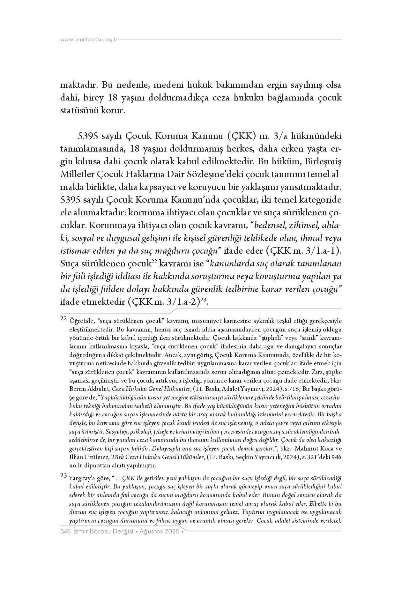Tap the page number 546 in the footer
65,532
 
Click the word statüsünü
77,111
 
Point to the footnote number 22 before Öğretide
63,318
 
